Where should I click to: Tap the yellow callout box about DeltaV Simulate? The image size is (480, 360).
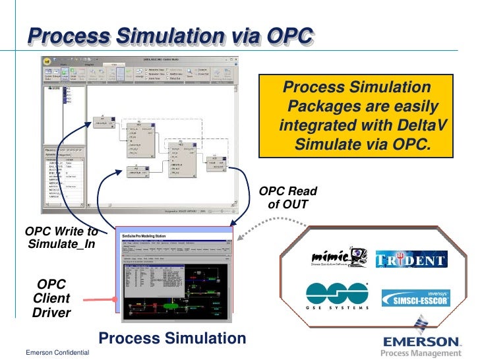356,116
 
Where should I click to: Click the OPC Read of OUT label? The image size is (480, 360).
288,198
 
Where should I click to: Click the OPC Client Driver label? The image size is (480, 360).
51,297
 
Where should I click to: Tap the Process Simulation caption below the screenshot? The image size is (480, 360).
172,339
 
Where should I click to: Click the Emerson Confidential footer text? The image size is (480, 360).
57,354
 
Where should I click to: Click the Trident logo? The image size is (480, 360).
411,260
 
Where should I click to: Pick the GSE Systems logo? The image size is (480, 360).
336,297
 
